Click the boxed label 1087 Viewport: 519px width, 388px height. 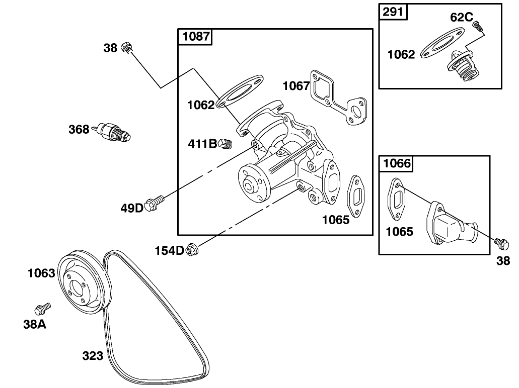click(x=196, y=37)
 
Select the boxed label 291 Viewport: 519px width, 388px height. click(x=393, y=12)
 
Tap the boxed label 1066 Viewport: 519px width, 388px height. click(x=397, y=163)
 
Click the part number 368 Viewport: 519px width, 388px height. click(x=79, y=129)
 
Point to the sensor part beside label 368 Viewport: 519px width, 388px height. click(x=114, y=132)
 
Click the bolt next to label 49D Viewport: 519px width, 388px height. click(x=154, y=204)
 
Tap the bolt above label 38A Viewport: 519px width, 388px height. click(x=42, y=308)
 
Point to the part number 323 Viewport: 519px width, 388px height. click(x=93, y=356)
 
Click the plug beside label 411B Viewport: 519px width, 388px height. click(x=226, y=145)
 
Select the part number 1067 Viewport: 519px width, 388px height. click(x=295, y=85)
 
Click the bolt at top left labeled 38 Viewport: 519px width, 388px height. click(x=128, y=48)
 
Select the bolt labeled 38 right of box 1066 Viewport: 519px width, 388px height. click(x=500, y=244)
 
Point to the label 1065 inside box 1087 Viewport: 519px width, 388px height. click(x=336, y=220)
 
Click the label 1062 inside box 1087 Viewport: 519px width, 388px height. click(x=201, y=105)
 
